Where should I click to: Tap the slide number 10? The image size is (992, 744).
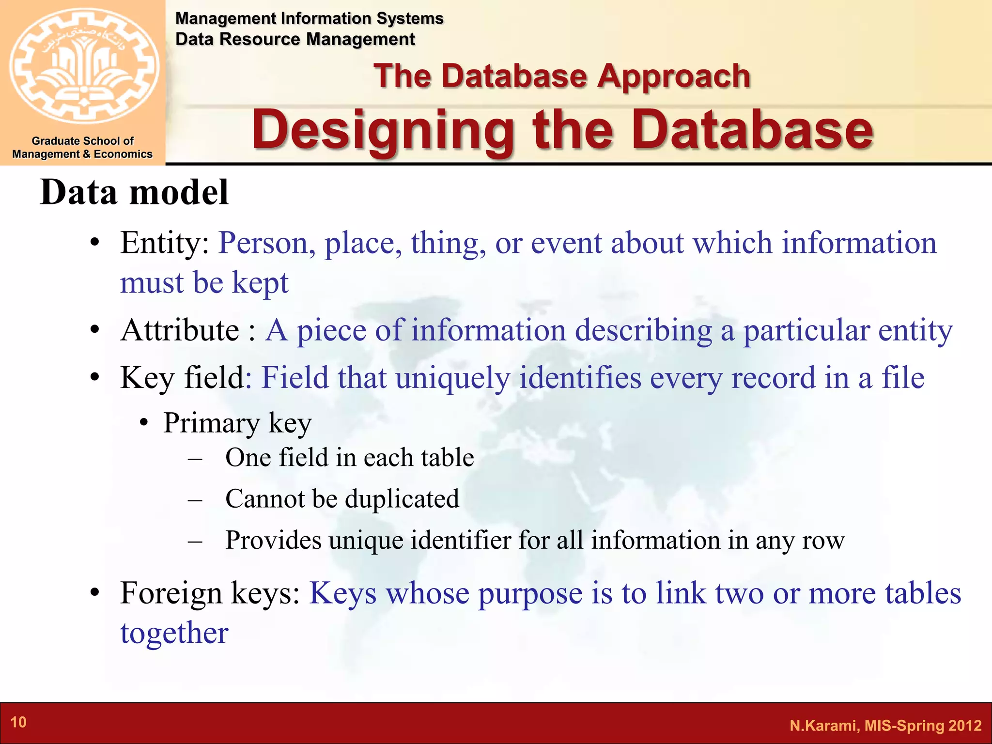pyautogui.click(x=18, y=722)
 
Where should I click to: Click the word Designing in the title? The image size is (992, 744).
pyautogui.click(x=383, y=130)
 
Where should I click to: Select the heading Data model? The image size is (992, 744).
pyautogui.click(x=134, y=193)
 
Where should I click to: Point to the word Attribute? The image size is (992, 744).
pyautogui.click(x=180, y=331)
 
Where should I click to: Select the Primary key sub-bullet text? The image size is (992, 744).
pyautogui.click(x=237, y=423)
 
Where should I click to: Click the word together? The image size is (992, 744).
pyautogui.click(x=174, y=633)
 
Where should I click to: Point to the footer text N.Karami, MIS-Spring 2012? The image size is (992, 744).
pyautogui.click(x=885, y=725)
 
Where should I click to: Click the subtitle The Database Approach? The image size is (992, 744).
pyautogui.click(x=562, y=76)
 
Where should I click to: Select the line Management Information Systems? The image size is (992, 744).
pyautogui.click(x=309, y=18)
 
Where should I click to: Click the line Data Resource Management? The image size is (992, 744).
pyautogui.click(x=295, y=39)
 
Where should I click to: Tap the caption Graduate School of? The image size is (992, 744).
pyautogui.click(x=82, y=141)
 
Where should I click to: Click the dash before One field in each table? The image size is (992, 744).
pyautogui.click(x=195, y=458)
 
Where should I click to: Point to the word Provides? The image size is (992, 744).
pyautogui.click(x=273, y=540)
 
